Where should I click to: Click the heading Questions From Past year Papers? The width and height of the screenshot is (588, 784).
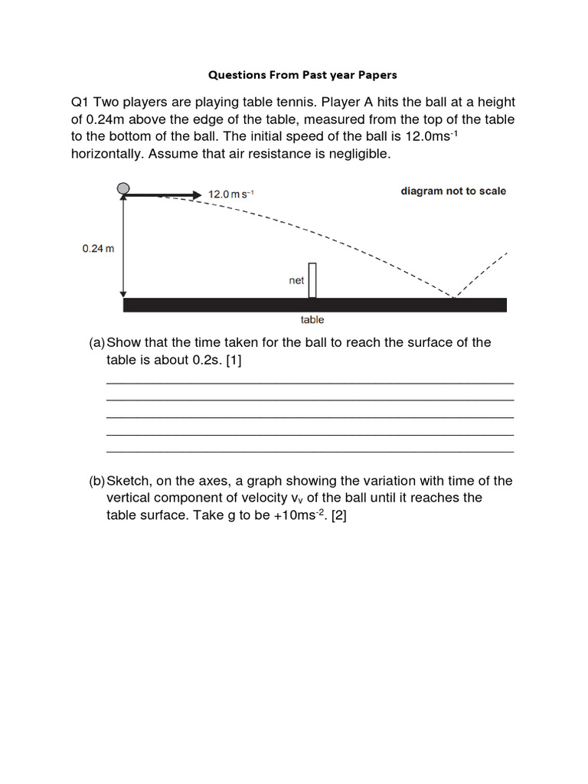303,75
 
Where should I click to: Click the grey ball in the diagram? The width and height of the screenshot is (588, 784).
123,189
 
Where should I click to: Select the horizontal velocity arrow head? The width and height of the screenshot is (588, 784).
195,195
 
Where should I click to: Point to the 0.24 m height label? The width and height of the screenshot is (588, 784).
98,249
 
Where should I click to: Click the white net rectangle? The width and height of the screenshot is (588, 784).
312,280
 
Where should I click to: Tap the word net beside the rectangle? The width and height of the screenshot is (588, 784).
296,281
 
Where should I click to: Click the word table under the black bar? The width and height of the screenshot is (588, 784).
312,320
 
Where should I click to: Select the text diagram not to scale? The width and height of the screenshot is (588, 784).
453,191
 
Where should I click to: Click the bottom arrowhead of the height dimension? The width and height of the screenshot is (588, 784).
123,292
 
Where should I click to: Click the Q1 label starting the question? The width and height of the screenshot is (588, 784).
81,103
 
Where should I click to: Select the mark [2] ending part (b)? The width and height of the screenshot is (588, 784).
338,515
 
